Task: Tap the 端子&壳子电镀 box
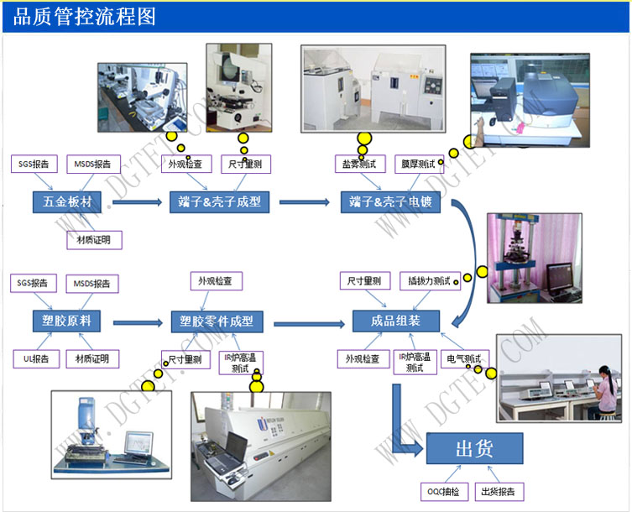coord(389,202)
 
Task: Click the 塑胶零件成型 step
coord(216,321)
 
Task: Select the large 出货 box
coord(473,450)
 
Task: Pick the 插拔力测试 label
coord(429,280)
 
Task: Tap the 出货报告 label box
coord(499,491)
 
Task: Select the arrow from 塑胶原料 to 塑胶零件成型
coord(136,321)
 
